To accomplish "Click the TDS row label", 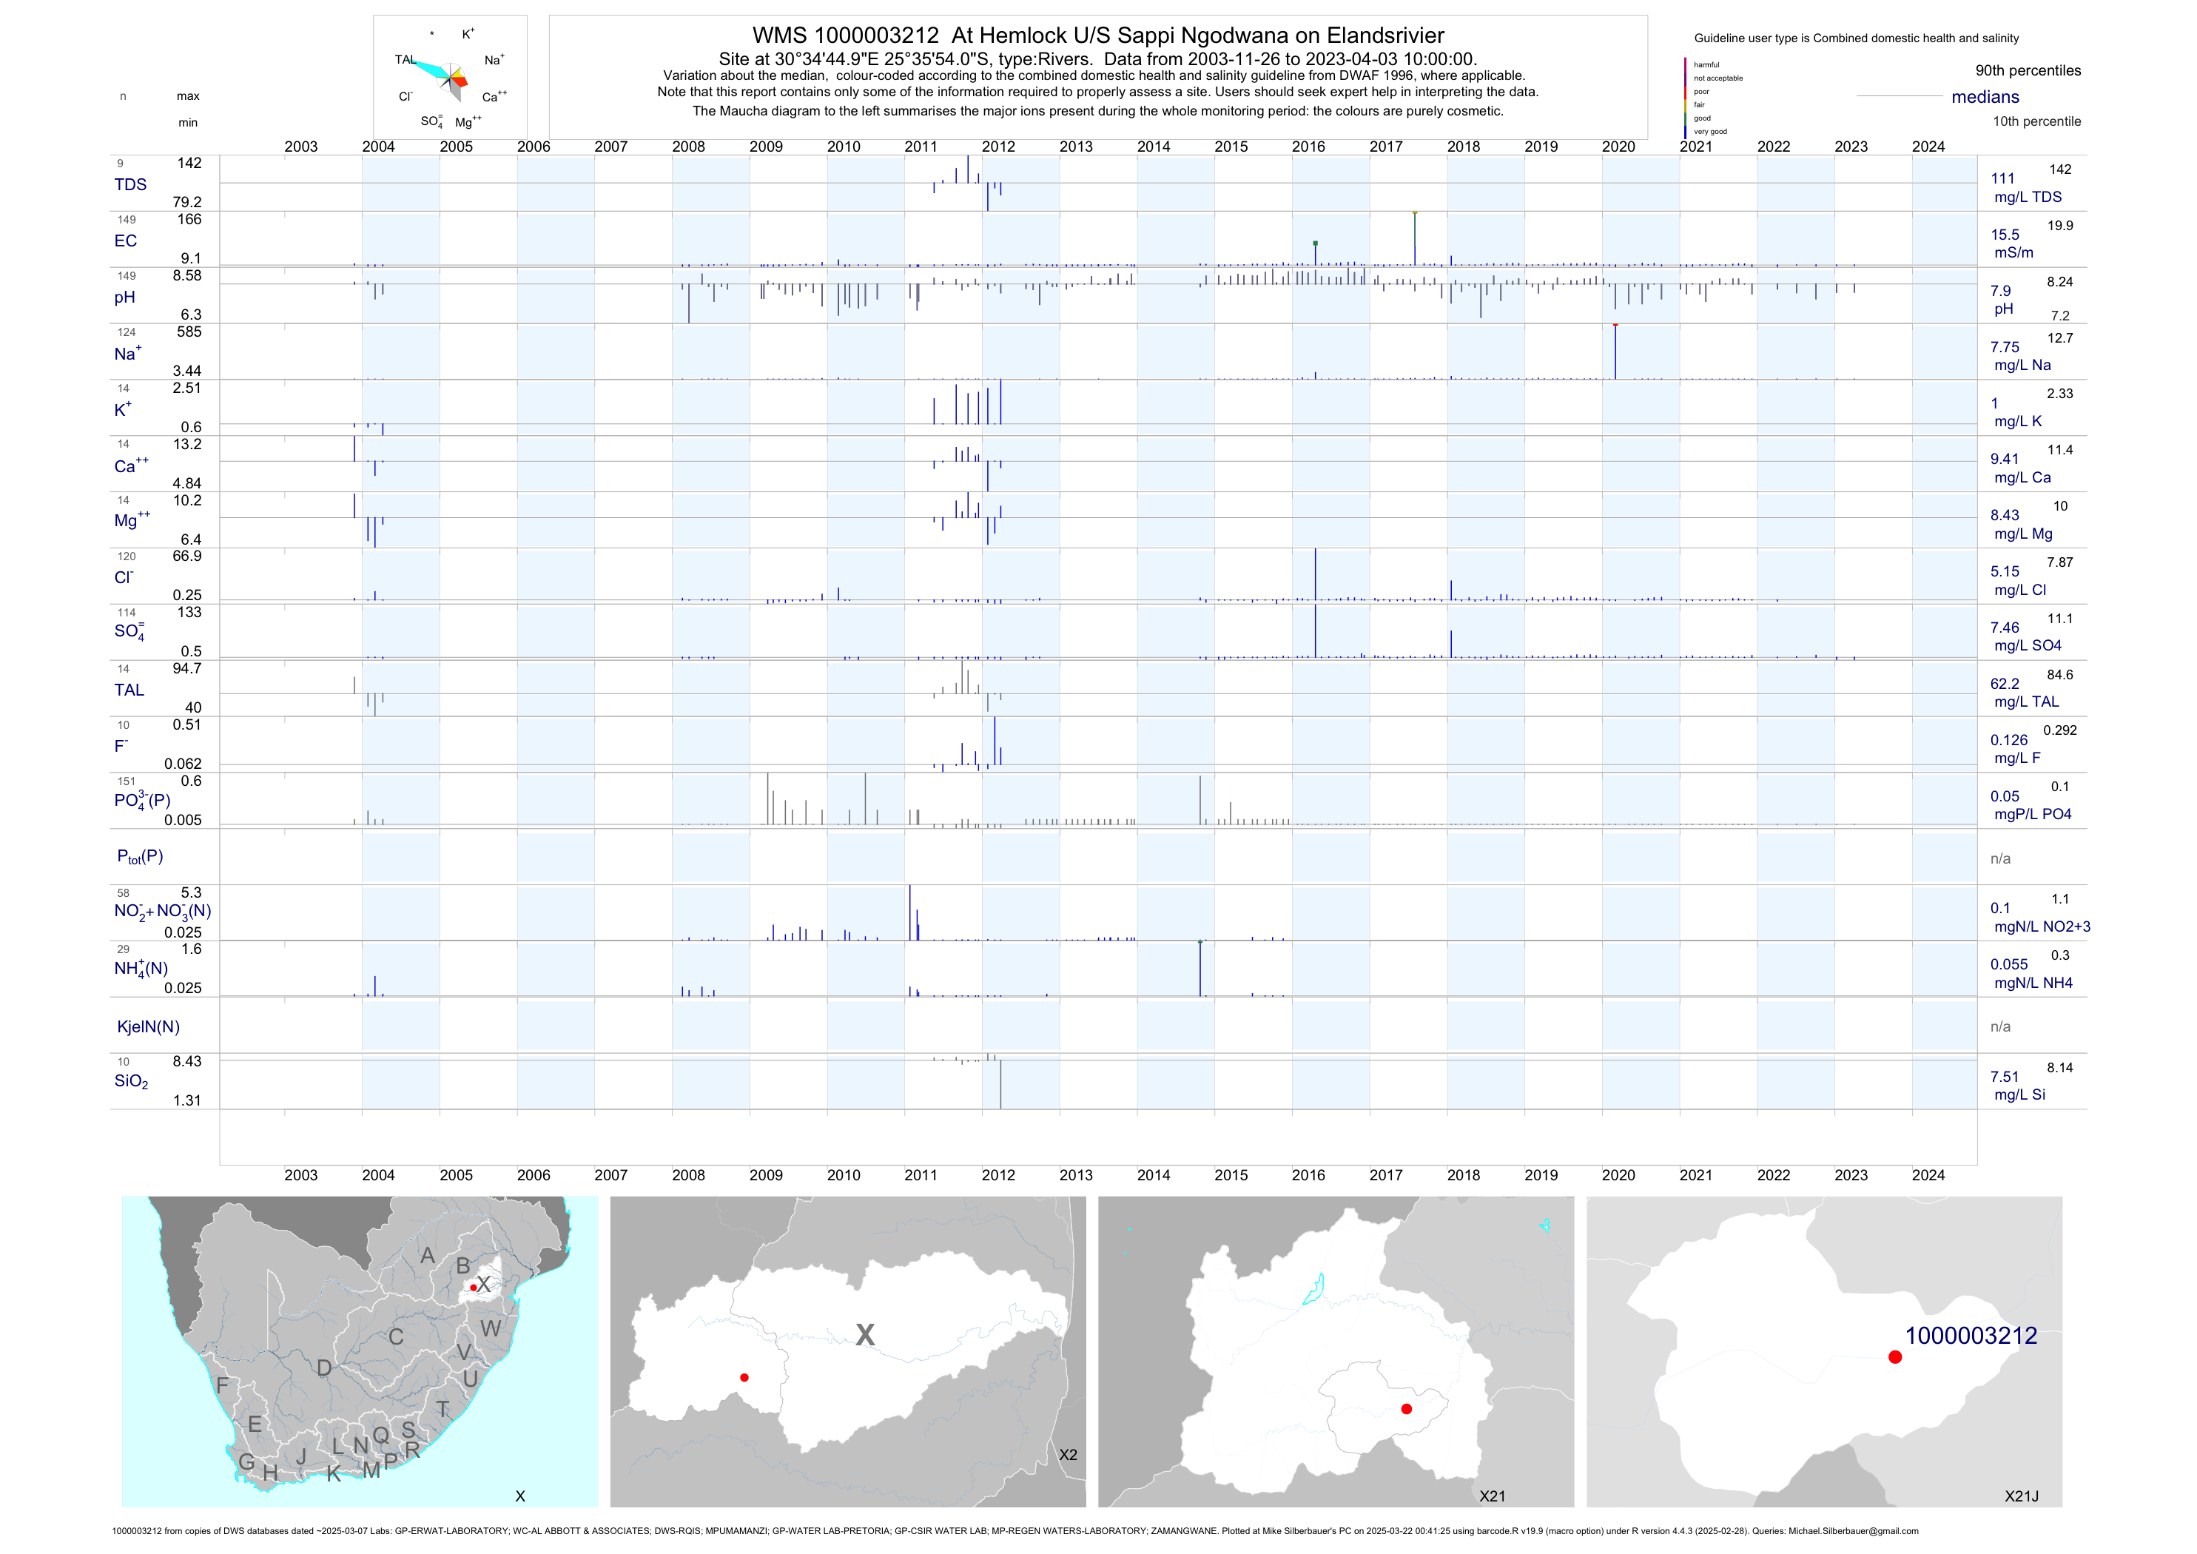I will [130, 185].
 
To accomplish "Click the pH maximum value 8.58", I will [186, 275].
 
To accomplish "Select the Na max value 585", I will [189, 332].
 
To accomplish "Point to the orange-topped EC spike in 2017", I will [1414, 238].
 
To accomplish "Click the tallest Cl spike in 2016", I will [1315, 573].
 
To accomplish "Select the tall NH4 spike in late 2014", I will [1200, 969].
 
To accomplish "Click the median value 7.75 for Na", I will [2005, 347].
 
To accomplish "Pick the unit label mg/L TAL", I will [2026, 702].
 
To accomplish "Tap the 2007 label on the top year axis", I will [610, 147].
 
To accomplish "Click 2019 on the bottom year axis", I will [1541, 1175].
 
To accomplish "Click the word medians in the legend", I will [1985, 97].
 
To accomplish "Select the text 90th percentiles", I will [2028, 71].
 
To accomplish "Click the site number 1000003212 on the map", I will [1971, 1336].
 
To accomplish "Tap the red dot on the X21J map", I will [1894, 1357].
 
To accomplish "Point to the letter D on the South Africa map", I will [324, 1368].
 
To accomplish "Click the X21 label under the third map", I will [1492, 1496].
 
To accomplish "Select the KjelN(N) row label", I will [148, 1027].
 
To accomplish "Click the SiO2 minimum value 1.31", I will [186, 1100].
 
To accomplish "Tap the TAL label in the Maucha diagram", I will [405, 59].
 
